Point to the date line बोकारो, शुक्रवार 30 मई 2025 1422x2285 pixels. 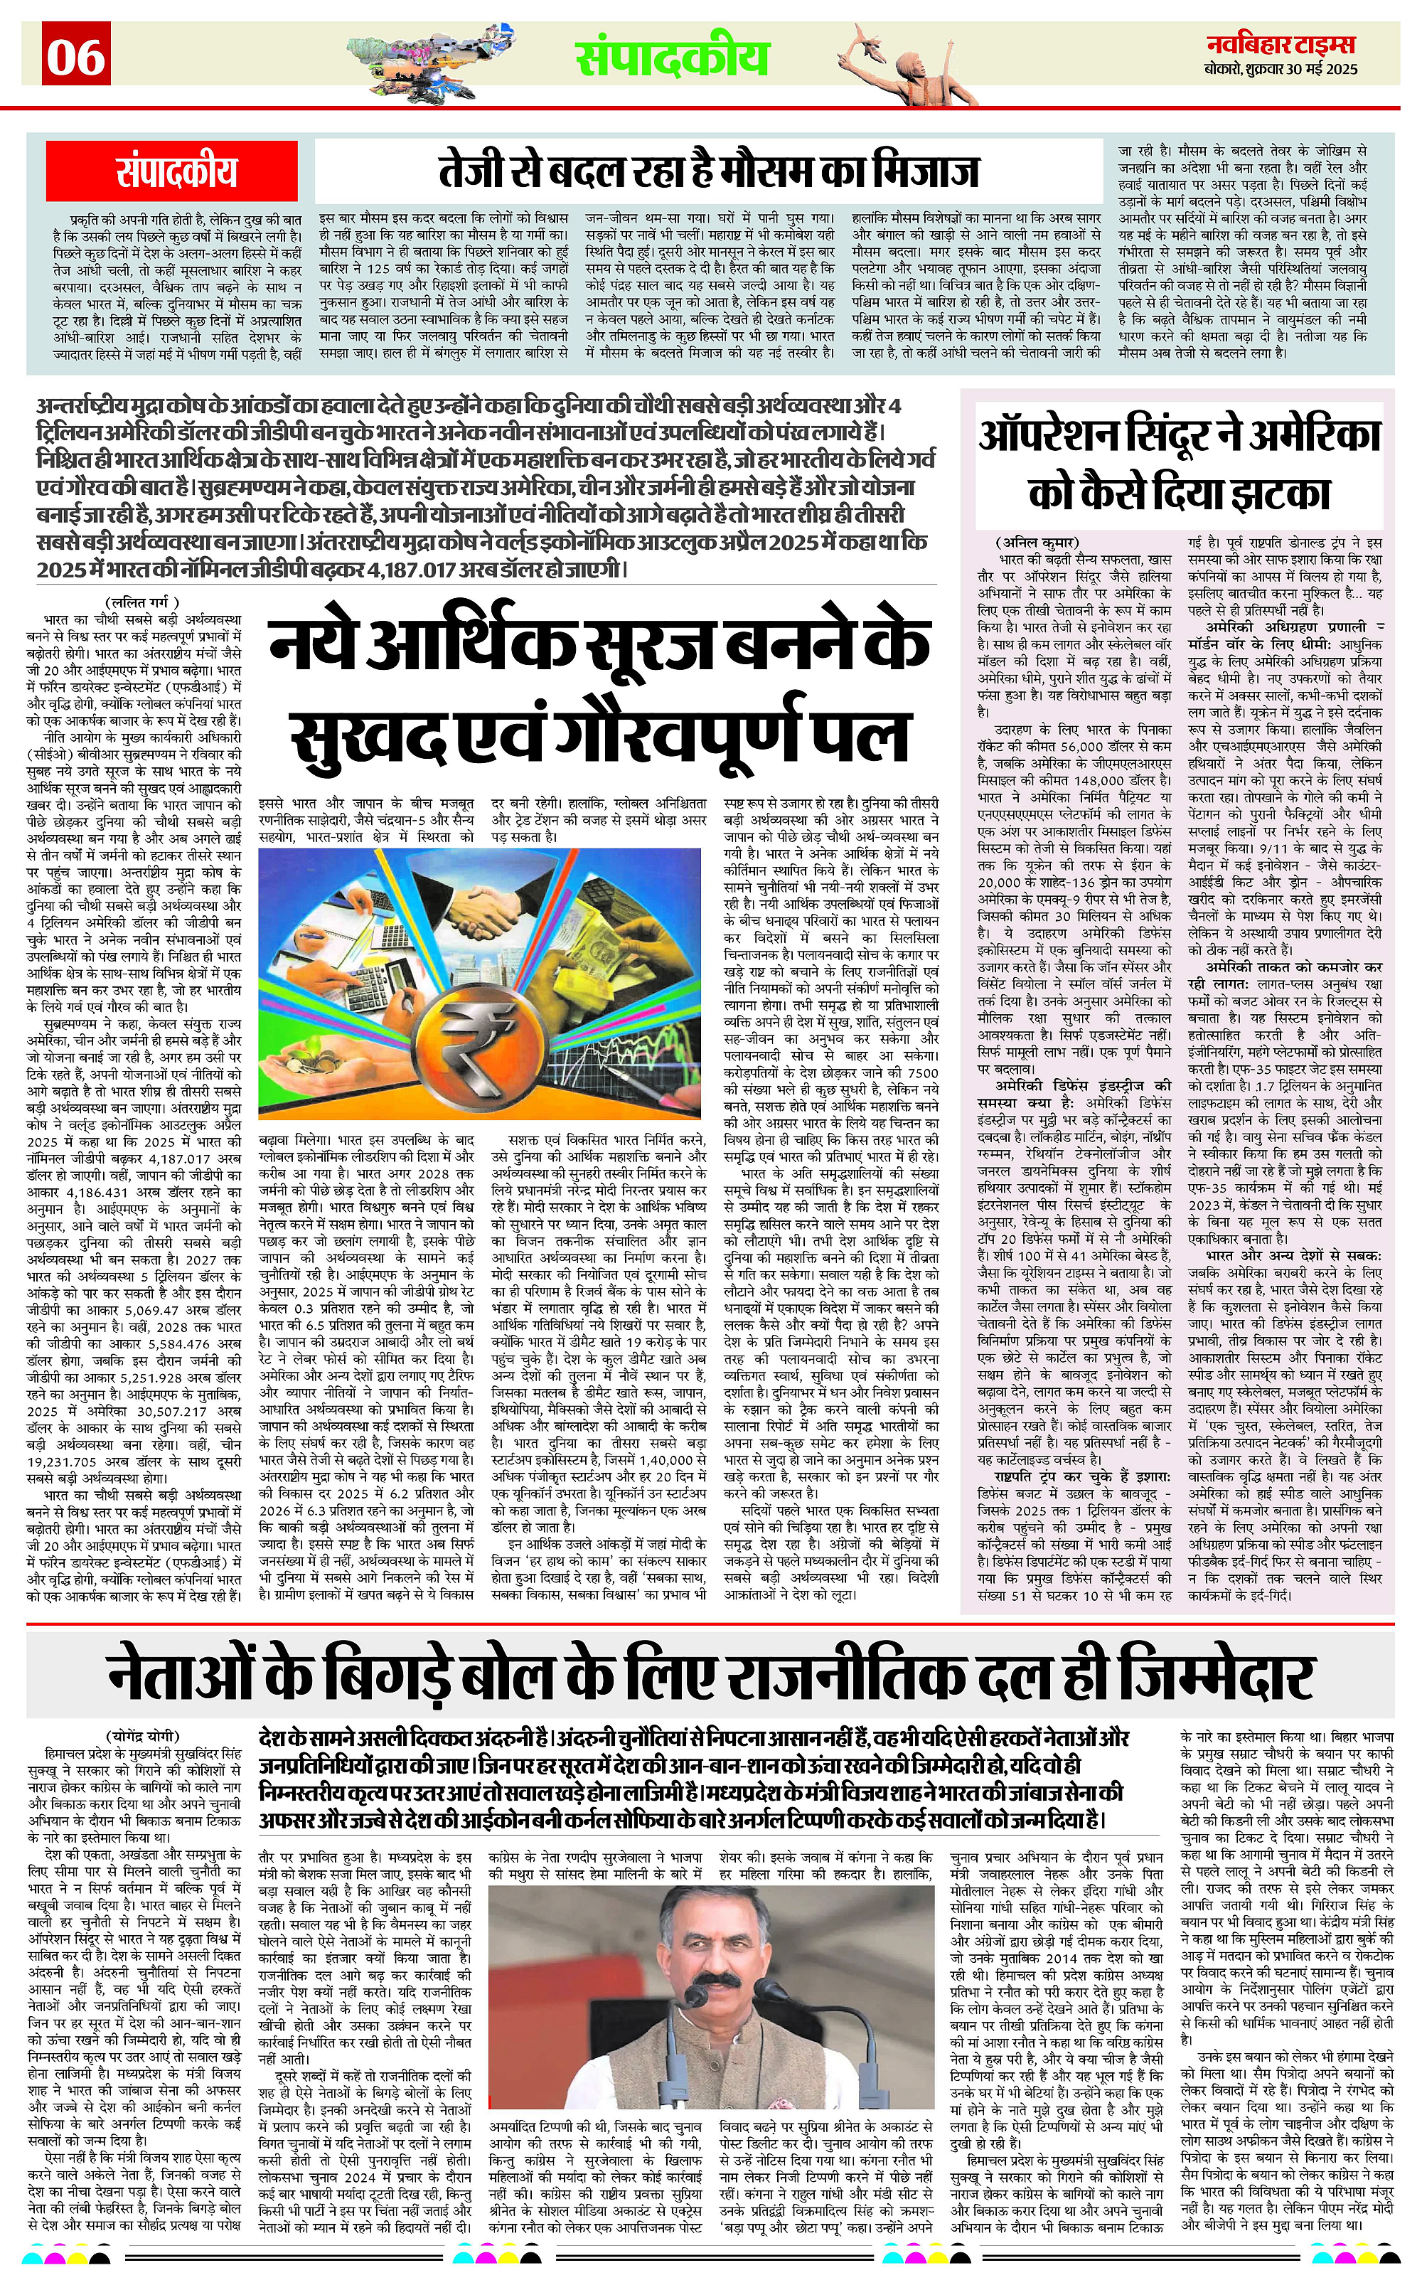coord(1281,70)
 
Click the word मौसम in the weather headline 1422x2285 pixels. coord(799,170)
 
